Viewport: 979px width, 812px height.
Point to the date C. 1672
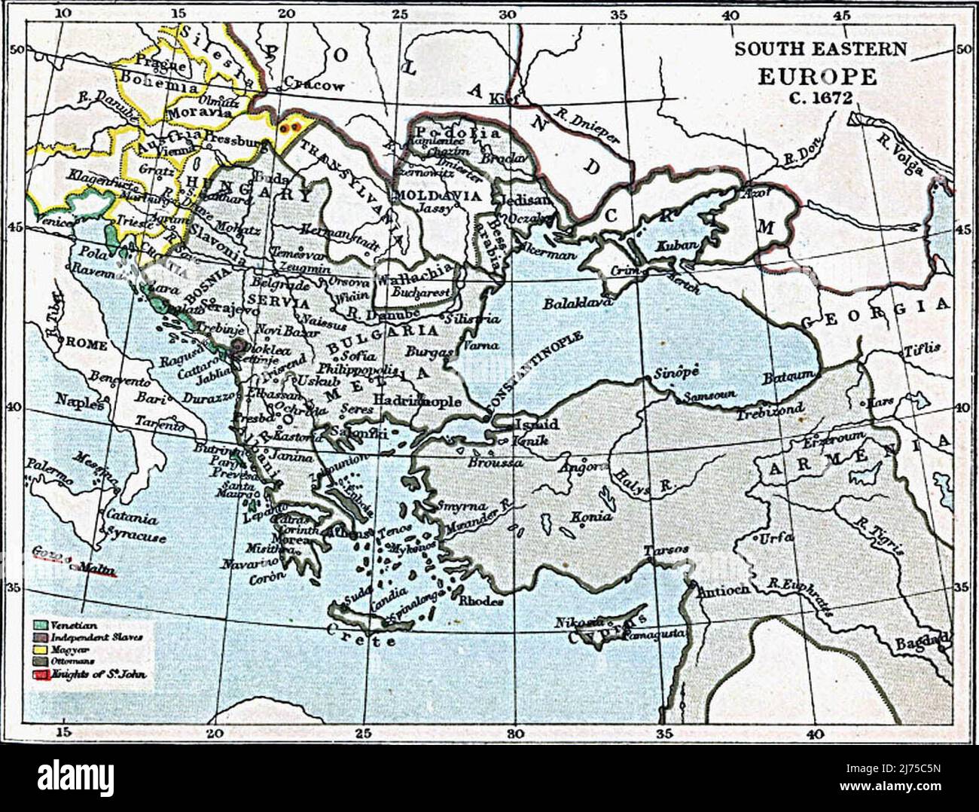(820, 98)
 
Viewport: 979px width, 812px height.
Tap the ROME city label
(87, 343)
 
